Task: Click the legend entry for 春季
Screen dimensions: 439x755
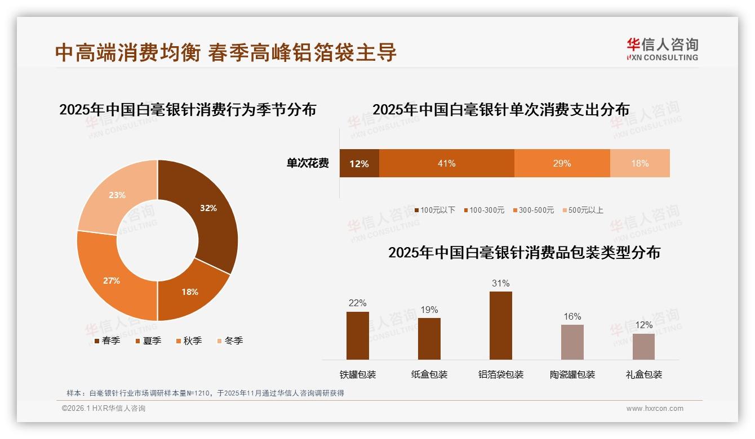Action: (107, 341)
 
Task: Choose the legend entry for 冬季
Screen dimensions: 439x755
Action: (229, 341)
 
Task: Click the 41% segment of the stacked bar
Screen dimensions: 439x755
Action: (446, 163)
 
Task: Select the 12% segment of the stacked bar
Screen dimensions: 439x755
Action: (359, 163)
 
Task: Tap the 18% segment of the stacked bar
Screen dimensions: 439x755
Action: (639, 163)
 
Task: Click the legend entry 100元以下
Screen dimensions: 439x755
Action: (434, 210)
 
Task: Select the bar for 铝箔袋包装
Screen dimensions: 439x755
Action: (501, 325)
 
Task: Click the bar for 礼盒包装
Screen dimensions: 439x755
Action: (643, 346)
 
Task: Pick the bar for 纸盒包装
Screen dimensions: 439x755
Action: (429, 338)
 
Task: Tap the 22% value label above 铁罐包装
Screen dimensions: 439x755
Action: (357, 303)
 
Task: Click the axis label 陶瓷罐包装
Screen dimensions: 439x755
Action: (572, 374)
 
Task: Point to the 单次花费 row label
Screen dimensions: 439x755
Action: (308, 163)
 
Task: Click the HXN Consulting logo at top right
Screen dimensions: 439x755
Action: (662, 49)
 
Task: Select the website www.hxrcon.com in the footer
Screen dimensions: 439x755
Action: (655, 409)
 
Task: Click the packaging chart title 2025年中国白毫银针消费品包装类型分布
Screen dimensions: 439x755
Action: (524, 252)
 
